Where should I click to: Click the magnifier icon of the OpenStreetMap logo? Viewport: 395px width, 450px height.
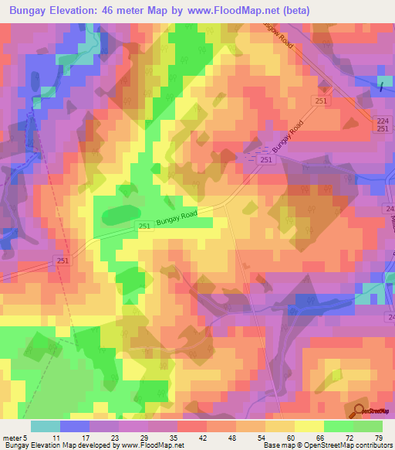pos(359,411)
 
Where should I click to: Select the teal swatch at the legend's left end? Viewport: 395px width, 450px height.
pos(46,426)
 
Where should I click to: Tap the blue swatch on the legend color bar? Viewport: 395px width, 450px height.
pos(75,426)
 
